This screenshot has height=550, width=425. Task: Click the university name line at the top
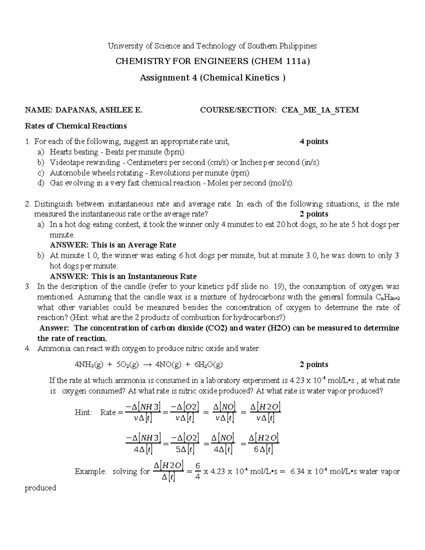[x=212, y=46]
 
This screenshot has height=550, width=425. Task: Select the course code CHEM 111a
[x=281, y=62]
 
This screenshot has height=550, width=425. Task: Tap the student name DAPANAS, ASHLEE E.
[x=98, y=110]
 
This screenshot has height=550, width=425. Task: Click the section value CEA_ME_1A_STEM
[x=320, y=110]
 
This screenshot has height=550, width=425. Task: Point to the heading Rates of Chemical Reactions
[x=75, y=126]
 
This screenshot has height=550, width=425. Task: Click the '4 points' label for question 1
[x=314, y=142]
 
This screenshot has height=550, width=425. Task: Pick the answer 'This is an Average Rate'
[x=134, y=245]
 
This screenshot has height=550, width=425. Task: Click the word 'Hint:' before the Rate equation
[x=83, y=412]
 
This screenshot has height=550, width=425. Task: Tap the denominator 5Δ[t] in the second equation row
[x=185, y=449]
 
